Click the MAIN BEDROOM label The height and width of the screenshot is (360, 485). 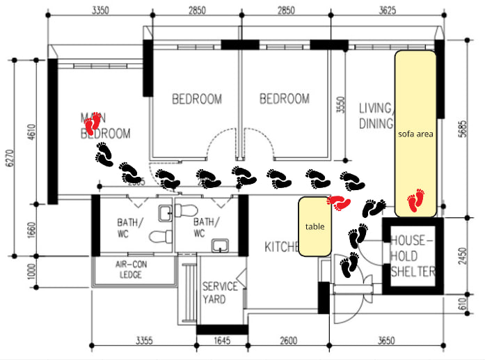pos(106,125)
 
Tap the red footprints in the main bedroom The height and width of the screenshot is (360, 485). pos(93,125)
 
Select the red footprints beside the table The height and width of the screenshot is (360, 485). pos(339,203)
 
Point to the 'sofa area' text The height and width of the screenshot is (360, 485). pos(415,134)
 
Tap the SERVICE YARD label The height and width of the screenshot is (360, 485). pos(221,292)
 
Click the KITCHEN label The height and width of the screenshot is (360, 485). pos(282,246)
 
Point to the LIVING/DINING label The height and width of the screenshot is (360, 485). pos(376,116)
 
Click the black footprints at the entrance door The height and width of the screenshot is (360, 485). pos(349,265)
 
